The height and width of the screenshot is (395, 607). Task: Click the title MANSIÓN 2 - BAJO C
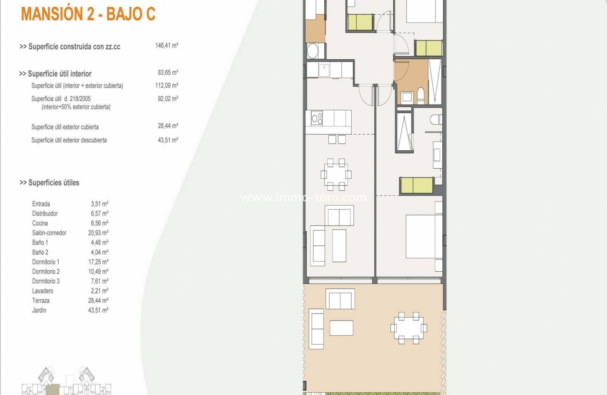pos(88,14)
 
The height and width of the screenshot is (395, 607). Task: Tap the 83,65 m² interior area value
pos(167,73)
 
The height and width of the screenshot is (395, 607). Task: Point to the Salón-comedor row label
pos(49,233)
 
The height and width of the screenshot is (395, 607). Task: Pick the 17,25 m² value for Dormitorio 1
pos(98,262)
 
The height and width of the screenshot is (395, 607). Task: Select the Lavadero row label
pos(43,291)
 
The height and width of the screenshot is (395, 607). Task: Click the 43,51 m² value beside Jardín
pos(98,310)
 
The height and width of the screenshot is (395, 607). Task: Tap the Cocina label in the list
pos(40,223)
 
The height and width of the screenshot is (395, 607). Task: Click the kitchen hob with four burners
pos(316,119)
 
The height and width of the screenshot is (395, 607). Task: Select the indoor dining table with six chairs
pos(336,174)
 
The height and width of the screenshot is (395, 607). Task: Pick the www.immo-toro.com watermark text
pos(303,198)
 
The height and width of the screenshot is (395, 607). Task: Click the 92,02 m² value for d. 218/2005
pos(167,98)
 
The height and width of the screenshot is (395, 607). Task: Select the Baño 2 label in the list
pos(40,252)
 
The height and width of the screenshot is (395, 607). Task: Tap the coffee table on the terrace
pos(341,327)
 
